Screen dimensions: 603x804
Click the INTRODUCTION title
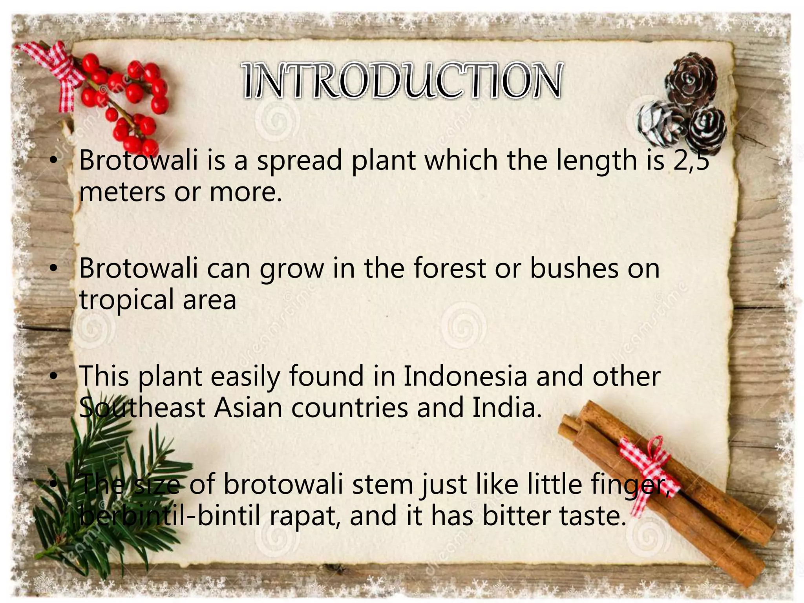pos(402,81)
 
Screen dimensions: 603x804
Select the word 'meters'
pos(122,192)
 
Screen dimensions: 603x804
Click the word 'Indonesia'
pos(465,376)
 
